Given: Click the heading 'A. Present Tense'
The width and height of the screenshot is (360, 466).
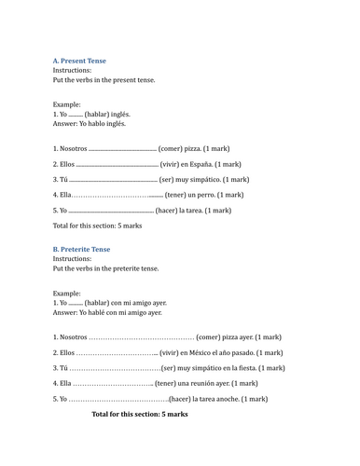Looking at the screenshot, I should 79,61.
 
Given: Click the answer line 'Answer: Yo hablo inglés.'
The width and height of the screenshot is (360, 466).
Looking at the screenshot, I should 90,123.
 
